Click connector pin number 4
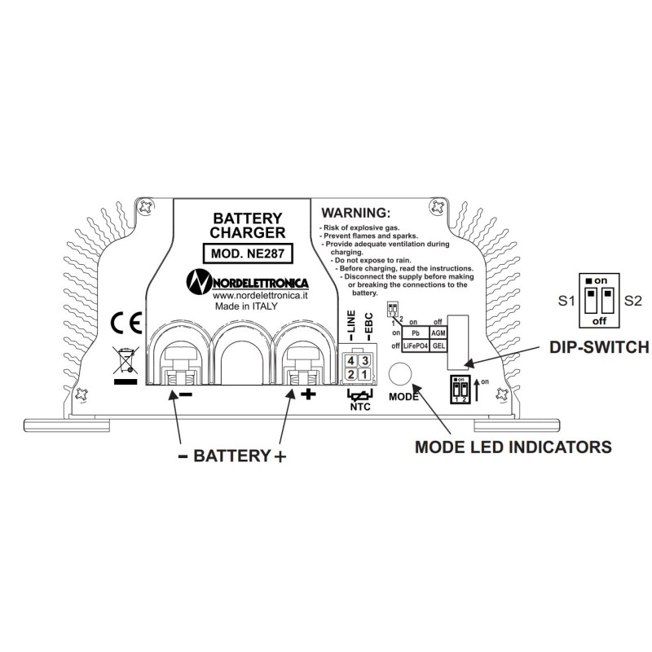tap(351, 360)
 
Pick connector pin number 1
tap(364, 374)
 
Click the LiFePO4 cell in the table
tap(416, 346)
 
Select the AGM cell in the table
tap(438, 333)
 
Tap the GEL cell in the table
tap(438, 346)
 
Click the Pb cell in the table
tap(416, 333)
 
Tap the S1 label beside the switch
tap(567, 301)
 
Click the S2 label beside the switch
tap(633, 301)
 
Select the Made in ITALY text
tap(247, 307)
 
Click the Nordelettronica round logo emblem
tap(200, 281)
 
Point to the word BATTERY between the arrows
tap(231, 456)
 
